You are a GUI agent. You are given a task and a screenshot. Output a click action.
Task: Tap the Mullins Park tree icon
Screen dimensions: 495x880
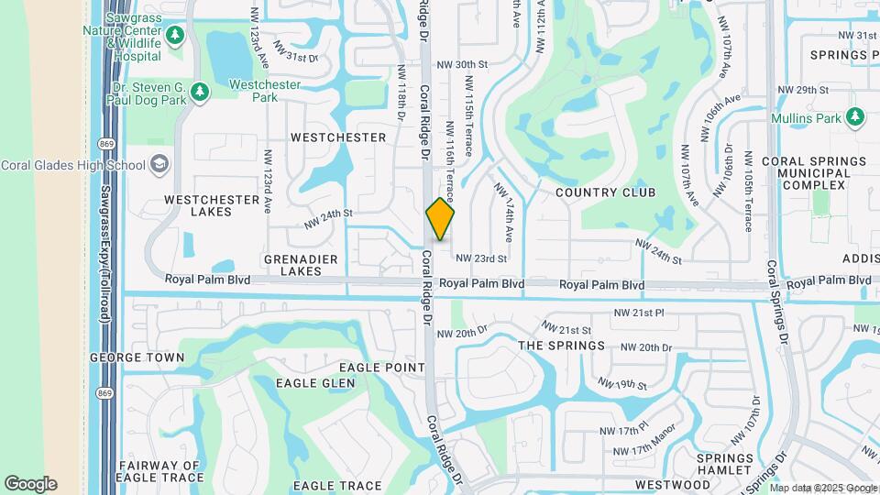click(x=855, y=117)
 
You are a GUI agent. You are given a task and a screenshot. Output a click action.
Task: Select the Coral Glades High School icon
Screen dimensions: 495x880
click(x=159, y=165)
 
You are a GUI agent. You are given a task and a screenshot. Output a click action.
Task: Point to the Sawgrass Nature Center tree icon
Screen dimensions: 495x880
click(x=175, y=37)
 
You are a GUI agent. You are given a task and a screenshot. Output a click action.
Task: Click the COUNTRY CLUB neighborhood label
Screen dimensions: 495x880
click(x=606, y=192)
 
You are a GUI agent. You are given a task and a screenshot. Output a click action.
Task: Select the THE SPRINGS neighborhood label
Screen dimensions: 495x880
click(x=562, y=346)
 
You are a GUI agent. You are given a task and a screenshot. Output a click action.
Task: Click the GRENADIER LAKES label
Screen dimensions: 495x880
click(x=301, y=266)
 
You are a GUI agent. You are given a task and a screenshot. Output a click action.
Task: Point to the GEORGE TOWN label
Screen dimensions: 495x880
click(x=126, y=357)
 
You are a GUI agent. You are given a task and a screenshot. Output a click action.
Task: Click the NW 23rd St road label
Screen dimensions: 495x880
click(x=481, y=259)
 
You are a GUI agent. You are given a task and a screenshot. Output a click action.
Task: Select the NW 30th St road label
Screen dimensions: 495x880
click(x=461, y=65)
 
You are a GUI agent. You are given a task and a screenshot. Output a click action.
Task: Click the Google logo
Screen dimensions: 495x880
click(x=30, y=483)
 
